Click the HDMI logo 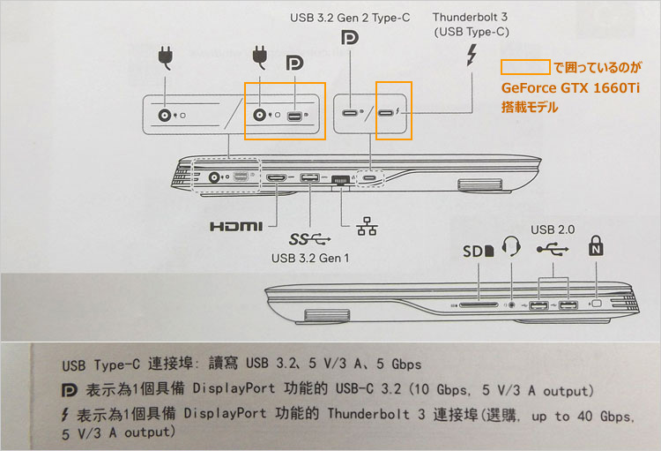(x=236, y=226)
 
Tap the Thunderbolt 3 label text (x=470, y=18)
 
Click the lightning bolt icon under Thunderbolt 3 (x=472, y=55)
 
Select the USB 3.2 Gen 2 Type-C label (x=350, y=18)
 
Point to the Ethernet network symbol (x=367, y=226)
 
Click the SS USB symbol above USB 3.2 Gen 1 (x=309, y=239)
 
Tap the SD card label (x=478, y=252)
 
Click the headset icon (x=511, y=245)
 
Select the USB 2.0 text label (x=553, y=229)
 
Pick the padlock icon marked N (x=596, y=245)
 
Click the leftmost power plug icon (x=166, y=58)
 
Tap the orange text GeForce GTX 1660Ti (x=570, y=88)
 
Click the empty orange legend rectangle (x=525, y=67)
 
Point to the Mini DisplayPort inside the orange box (x=294, y=116)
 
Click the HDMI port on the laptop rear (x=276, y=177)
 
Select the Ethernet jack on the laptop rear (x=341, y=180)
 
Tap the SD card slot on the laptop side (x=479, y=304)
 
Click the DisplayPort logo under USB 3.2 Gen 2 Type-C (x=350, y=39)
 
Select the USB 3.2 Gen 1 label (x=310, y=258)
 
